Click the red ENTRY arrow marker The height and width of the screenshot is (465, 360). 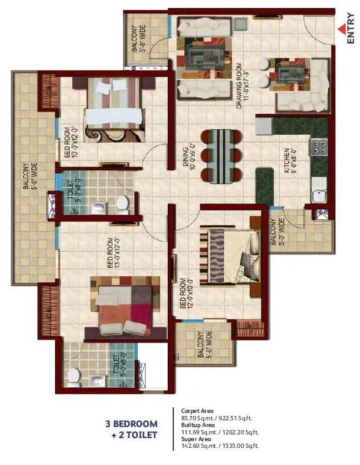click(x=341, y=28)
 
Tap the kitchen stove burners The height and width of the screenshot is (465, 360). click(x=319, y=147)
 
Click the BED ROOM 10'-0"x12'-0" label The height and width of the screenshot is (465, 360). click(x=72, y=143)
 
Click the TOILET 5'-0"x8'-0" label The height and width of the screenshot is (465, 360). click(x=72, y=195)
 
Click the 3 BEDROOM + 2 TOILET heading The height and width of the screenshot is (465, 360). click(x=132, y=429)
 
